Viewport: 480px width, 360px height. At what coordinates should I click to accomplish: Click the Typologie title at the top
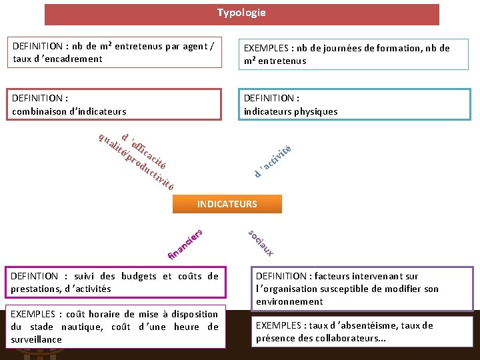click(241, 13)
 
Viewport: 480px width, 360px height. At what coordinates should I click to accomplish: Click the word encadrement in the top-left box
click(71, 59)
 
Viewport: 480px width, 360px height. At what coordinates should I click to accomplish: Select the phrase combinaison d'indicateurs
click(69, 111)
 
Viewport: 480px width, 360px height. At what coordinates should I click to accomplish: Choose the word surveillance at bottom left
click(36, 339)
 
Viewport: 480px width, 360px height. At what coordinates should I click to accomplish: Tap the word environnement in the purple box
click(289, 301)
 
